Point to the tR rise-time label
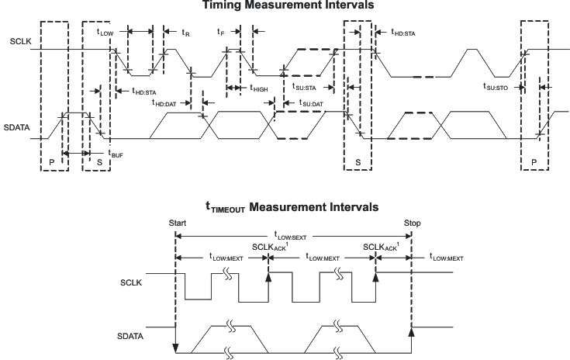(185, 33)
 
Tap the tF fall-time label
(220, 33)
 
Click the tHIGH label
(259, 89)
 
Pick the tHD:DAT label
(167, 102)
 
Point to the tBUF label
(116, 155)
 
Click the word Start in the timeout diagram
(178, 223)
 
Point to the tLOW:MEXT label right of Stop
(446, 258)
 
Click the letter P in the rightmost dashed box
(535, 159)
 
